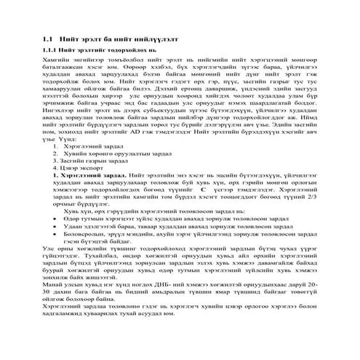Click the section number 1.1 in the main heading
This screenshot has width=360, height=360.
(x=49, y=36)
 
